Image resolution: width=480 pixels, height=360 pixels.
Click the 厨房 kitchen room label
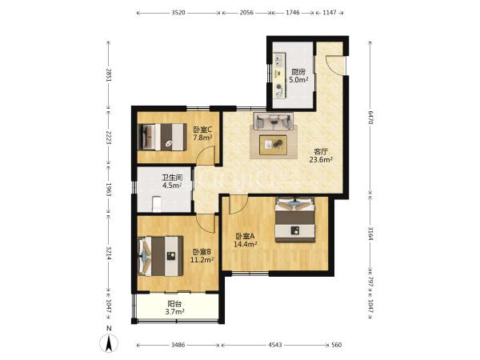pyautogui.click(x=298, y=72)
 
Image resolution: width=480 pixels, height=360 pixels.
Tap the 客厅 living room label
pyautogui.click(x=321, y=151)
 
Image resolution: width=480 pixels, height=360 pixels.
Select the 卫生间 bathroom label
pyautogui.click(x=172, y=178)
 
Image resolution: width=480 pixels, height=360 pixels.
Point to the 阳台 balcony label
pyautogui.click(x=174, y=304)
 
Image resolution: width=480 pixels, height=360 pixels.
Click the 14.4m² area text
pyautogui.click(x=246, y=244)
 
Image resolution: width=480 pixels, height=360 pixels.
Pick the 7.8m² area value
pyautogui.click(x=202, y=138)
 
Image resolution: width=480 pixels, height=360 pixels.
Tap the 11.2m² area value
pyautogui.click(x=202, y=260)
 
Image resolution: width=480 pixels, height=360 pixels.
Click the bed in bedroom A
pyautogui.click(x=295, y=220)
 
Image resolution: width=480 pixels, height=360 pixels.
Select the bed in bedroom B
pyautogui.click(x=161, y=256)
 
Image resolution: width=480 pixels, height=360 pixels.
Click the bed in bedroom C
pyautogui.click(x=162, y=137)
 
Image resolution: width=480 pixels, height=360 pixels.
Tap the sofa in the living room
pyautogui.click(x=274, y=122)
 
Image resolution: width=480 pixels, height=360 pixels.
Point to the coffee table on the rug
pyautogui.click(x=273, y=145)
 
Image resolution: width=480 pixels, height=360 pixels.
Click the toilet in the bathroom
pyautogui.click(x=157, y=204)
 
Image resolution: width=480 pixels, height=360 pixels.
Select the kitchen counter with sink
pyautogui.click(x=279, y=76)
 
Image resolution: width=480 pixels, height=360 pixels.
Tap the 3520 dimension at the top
pyautogui.click(x=178, y=13)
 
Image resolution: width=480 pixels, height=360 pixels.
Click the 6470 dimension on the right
pyautogui.click(x=370, y=118)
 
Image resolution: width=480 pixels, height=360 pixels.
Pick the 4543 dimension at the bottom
pyautogui.click(x=275, y=345)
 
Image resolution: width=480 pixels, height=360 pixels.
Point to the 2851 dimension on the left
pyautogui.click(x=109, y=74)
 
